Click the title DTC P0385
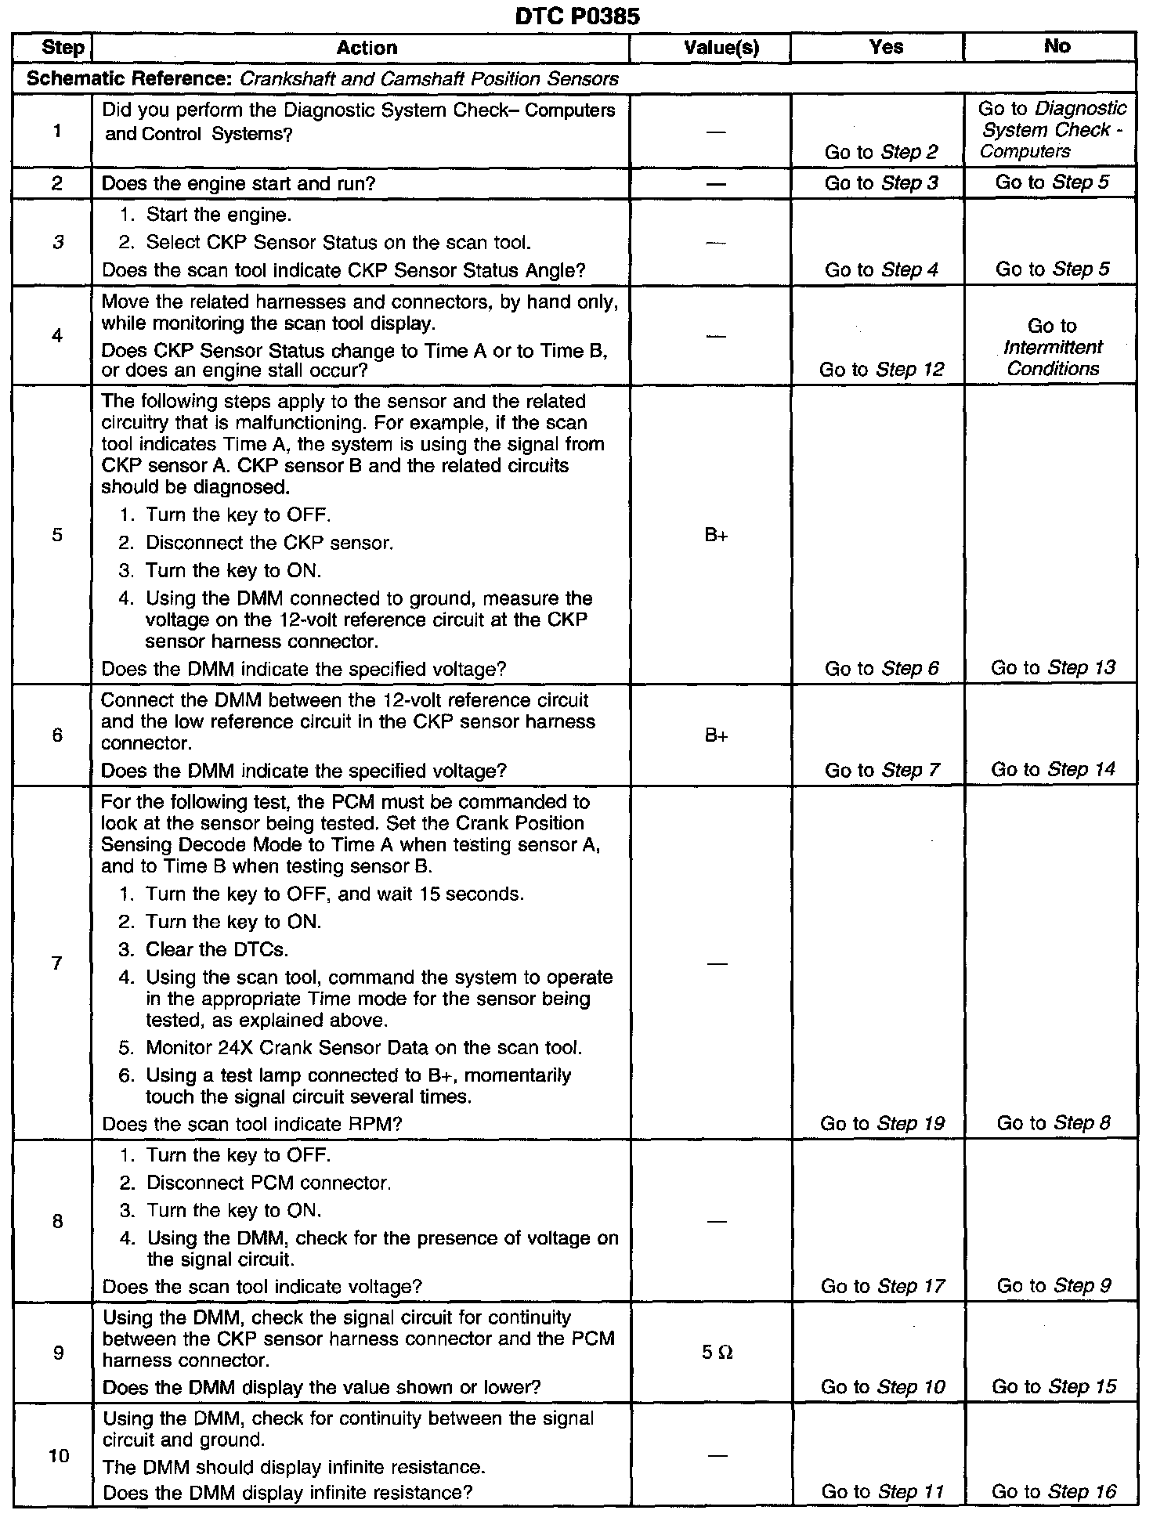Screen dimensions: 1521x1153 (x=577, y=16)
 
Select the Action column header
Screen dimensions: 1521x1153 (x=367, y=48)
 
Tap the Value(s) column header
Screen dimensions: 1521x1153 (x=721, y=48)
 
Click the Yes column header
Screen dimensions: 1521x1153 (x=886, y=47)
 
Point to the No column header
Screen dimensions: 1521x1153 (x=1057, y=46)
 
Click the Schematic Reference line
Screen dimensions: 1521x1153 (x=322, y=79)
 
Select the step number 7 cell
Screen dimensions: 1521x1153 (x=56, y=963)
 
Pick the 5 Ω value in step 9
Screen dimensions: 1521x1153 (x=717, y=1353)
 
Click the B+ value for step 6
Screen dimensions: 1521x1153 (x=716, y=735)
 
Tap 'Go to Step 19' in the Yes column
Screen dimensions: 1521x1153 (x=882, y=1123)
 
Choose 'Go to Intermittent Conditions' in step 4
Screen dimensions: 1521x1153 (x=1052, y=347)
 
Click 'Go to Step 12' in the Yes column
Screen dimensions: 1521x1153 (x=881, y=369)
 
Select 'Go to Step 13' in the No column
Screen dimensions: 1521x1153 (x=1052, y=667)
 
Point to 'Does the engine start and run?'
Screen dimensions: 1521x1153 (x=239, y=183)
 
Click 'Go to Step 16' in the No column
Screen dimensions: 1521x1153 (x=1054, y=1491)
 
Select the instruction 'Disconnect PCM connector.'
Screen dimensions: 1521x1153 (x=269, y=1182)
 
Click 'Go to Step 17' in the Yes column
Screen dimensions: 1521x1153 (x=883, y=1285)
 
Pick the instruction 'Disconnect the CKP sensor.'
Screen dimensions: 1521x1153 (x=269, y=542)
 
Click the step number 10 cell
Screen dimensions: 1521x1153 (x=59, y=1455)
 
